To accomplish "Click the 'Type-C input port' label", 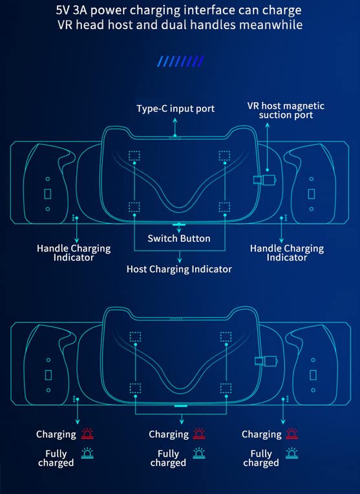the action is click(x=175, y=109).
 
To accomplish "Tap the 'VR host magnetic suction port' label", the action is click(x=286, y=111).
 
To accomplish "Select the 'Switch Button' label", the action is click(x=179, y=239).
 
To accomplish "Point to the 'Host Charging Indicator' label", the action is click(x=179, y=269).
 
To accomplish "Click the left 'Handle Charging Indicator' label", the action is click(x=74, y=253).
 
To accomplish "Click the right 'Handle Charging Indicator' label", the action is click(x=287, y=253).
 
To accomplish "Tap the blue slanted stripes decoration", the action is click(x=180, y=61).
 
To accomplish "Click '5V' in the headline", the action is click(x=63, y=10).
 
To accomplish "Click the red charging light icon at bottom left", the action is click(x=87, y=434).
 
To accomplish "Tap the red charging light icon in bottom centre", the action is click(x=199, y=434).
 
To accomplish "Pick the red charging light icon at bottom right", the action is click(x=291, y=434).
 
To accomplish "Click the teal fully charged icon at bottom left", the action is click(x=87, y=453).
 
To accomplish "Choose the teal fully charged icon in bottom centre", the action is click(x=199, y=453).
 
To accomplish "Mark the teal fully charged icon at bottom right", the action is click(x=291, y=453).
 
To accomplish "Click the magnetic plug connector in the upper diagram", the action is click(x=265, y=180).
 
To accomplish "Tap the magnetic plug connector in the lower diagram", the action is click(x=266, y=361).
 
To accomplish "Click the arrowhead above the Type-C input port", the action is click(x=175, y=120).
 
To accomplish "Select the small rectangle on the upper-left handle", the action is click(x=48, y=194).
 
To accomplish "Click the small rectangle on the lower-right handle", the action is click(x=313, y=375).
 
